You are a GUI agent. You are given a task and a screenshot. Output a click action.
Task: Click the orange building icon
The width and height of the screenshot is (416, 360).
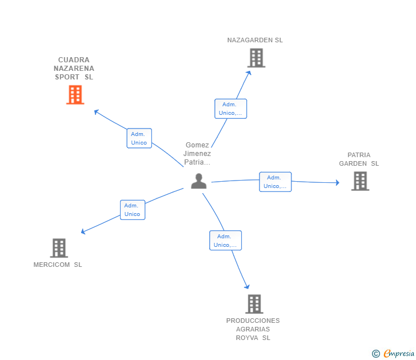(x=75, y=95)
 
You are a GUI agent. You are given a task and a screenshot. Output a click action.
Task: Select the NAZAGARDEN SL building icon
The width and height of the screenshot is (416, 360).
(x=256, y=58)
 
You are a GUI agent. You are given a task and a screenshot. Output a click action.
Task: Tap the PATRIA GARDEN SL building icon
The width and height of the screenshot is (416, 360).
(x=360, y=181)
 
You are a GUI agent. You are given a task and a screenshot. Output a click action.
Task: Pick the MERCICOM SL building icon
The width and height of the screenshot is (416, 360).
(x=59, y=248)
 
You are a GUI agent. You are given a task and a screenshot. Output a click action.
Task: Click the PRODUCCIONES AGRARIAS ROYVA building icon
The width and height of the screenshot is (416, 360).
(x=254, y=304)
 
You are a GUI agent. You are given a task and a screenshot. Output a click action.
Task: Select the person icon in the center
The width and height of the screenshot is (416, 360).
(x=199, y=181)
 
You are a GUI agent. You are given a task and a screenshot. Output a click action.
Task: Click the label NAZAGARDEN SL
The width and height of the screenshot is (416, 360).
(x=255, y=40)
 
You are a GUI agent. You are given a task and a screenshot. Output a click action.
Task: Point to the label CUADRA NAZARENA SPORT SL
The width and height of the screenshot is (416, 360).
(x=74, y=69)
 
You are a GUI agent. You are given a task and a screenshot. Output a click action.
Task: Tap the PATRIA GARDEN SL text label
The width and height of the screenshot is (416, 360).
(x=359, y=159)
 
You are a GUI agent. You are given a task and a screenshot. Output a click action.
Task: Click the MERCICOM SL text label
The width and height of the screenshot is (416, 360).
(x=58, y=265)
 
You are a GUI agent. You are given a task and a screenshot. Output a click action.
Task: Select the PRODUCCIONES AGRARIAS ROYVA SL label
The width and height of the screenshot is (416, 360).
(x=253, y=329)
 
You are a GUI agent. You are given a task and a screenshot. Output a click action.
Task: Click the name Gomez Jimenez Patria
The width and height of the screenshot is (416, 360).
(x=197, y=154)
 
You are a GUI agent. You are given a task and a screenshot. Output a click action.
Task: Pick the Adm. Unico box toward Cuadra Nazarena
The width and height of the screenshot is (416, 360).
(x=139, y=138)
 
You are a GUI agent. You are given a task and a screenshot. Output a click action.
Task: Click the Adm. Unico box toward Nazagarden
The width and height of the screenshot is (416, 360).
(x=230, y=109)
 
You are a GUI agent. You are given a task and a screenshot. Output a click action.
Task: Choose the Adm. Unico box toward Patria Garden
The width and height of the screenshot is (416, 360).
(x=275, y=182)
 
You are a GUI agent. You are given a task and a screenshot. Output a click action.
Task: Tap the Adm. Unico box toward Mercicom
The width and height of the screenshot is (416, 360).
(x=133, y=210)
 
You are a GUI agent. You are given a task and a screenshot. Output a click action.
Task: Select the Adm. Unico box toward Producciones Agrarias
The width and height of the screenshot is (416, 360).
(x=225, y=241)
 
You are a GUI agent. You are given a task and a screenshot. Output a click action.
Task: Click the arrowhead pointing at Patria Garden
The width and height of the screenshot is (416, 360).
(x=338, y=182)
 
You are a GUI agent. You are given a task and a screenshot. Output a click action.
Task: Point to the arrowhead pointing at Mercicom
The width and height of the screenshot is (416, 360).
(x=83, y=231)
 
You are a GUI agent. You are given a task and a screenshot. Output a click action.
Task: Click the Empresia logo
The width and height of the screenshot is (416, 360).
(x=393, y=353)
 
